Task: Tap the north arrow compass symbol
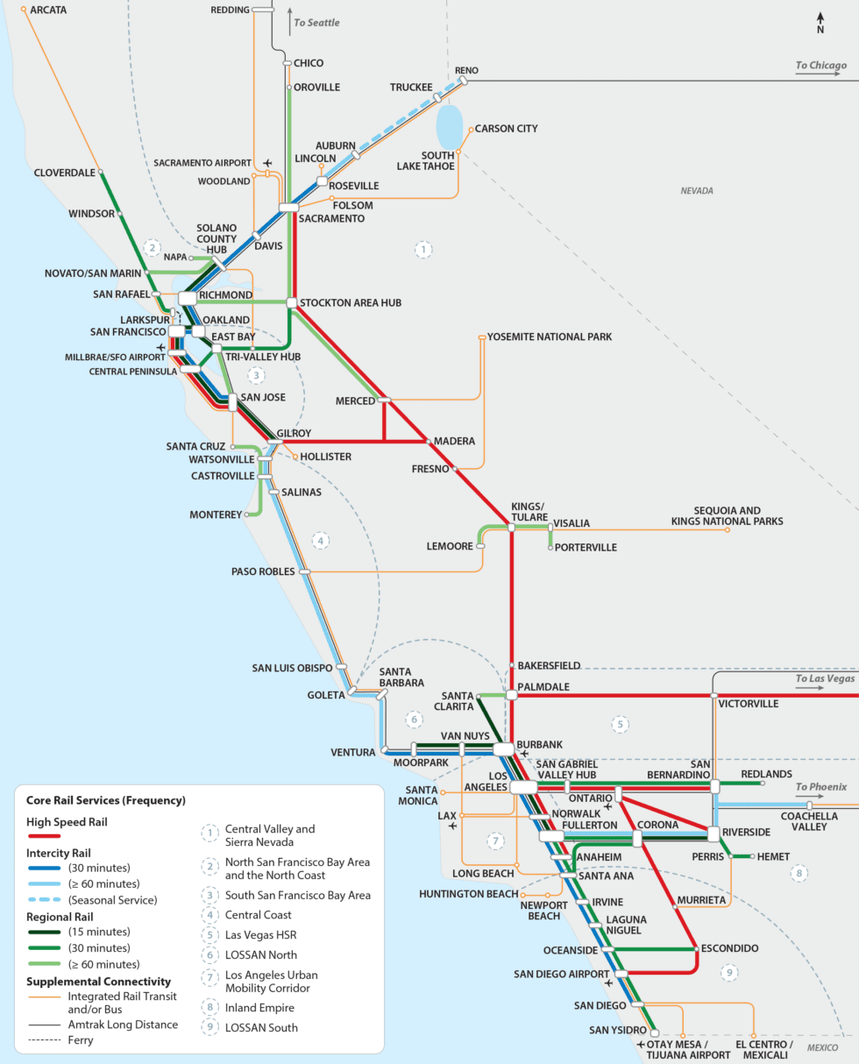pyautogui.click(x=820, y=22)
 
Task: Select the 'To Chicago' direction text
pyautogui.click(x=820, y=66)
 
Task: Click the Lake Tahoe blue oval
pyautogui.click(x=449, y=126)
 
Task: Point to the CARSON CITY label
pyautogui.click(x=506, y=129)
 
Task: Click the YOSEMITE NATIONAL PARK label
pyautogui.click(x=550, y=337)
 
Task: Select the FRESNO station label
pyautogui.click(x=430, y=469)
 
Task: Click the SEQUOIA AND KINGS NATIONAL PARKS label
pyautogui.click(x=727, y=515)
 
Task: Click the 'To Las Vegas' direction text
pyautogui.click(x=825, y=678)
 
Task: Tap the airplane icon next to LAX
pyautogui.click(x=452, y=826)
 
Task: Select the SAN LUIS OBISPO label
pyautogui.click(x=292, y=668)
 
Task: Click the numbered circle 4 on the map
pyautogui.click(x=321, y=541)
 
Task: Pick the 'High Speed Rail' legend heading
pyautogui.click(x=68, y=822)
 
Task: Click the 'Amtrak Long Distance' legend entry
pyautogui.click(x=123, y=1025)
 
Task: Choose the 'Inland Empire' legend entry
pyautogui.click(x=260, y=1008)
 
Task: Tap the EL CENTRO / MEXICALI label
pyautogui.click(x=763, y=1049)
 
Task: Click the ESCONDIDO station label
pyautogui.click(x=729, y=948)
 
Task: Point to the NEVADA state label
pyautogui.click(x=698, y=190)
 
